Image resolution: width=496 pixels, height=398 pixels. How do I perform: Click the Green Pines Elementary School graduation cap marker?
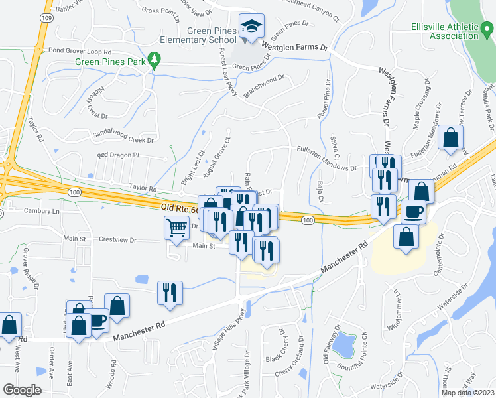pos(251,27)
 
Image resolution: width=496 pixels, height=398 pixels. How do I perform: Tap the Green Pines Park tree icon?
pos(155,60)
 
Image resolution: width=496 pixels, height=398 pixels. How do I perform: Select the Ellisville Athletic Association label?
pos(444,31)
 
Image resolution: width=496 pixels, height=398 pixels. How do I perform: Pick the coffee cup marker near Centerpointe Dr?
pos(414,212)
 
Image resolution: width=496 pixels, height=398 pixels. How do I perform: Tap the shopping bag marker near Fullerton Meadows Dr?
pos(451,137)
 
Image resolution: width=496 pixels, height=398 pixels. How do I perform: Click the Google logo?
pos(22,389)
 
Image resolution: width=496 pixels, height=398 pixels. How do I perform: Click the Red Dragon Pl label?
pos(118,155)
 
